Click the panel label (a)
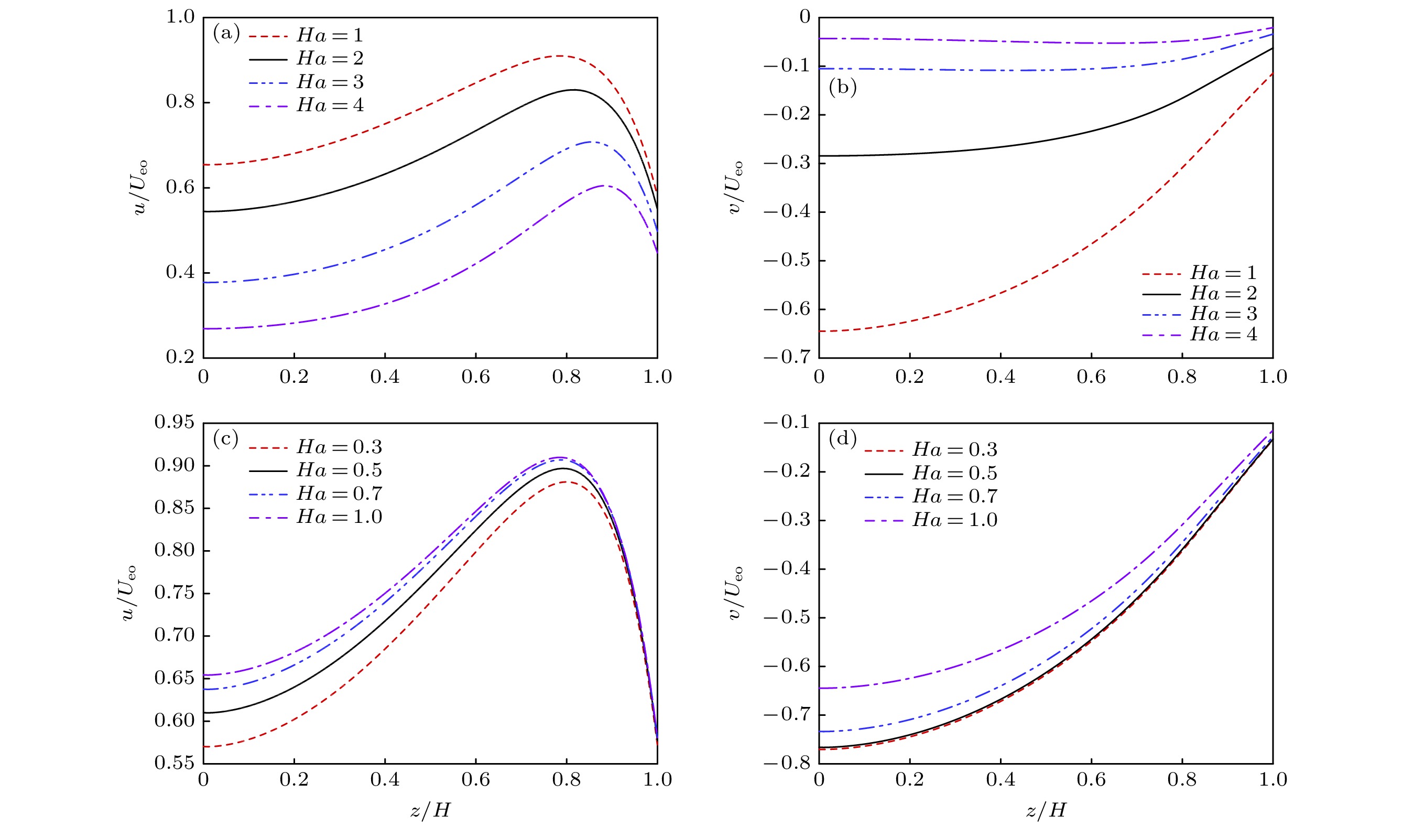click(226, 34)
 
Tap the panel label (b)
click(842, 88)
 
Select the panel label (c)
click(225, 439)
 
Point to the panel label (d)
click(842, 439)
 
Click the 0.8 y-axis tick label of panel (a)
click(180, 102)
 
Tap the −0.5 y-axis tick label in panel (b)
click(787, 260)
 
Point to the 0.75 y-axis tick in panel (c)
click(175, 593)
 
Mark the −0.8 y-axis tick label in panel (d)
click(787, 763)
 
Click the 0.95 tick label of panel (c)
click(175, 422)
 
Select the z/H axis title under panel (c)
click(430, 810)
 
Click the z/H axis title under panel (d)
click(1046, 810)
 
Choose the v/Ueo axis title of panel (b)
click(734, 187)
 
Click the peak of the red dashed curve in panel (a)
click(558, 56)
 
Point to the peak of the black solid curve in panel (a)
click(574, 90)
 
